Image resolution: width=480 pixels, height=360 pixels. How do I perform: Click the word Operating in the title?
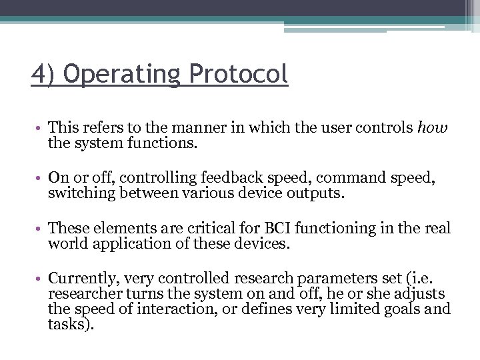click(122, 75)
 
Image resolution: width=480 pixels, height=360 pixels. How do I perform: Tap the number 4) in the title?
click(43, 75)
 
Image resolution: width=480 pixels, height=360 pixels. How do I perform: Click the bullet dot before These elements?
click(40, 229)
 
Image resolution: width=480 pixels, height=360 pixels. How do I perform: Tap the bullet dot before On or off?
click(40, 178)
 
